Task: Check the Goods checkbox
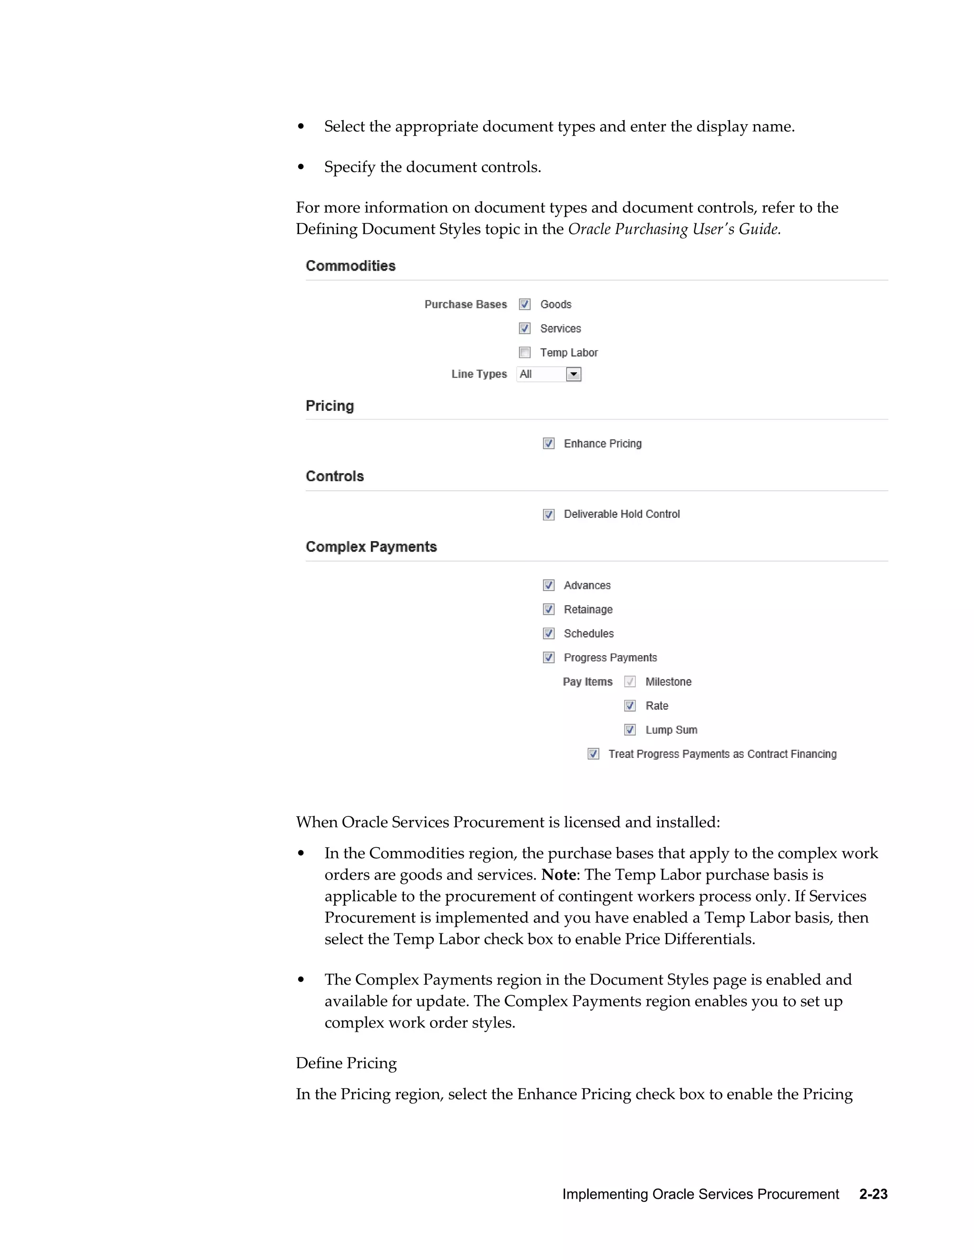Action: [x=525, y=304]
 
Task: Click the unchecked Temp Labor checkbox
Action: [x=525, y=352]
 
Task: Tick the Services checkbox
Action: [x=525, y=328]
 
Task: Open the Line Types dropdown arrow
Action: [x=573, y=374]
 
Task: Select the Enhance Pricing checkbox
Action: [x=549, y=444]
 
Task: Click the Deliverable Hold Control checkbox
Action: [x=549, y=514]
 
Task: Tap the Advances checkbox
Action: [x=549, y=586]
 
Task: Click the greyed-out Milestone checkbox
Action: [x=630, y=682]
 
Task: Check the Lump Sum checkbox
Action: [x=630, y=730]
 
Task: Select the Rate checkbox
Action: [x=630, y=706]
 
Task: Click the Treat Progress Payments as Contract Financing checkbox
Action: [x=593, y=754]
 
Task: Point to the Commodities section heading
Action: [x=350, y=266]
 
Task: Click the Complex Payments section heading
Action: [x=371, y=547]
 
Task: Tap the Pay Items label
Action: [x=587, y=682]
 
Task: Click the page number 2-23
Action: [x=873, y=1194]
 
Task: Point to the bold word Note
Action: [x=558, y=874]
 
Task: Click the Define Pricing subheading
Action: [x=346, y=1063]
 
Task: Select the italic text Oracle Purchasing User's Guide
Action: [x=674, y=229]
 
